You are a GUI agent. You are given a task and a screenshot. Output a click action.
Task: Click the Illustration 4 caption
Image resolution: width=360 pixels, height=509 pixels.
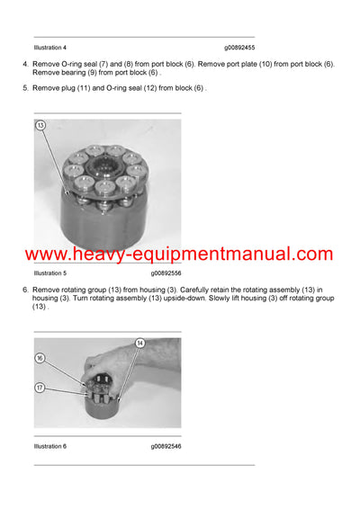pos(50,47)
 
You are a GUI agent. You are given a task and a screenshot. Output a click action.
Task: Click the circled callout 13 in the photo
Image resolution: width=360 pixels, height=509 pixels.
pos(40,126)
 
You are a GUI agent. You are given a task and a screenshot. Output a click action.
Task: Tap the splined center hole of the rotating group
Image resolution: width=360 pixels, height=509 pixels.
pos(114,168)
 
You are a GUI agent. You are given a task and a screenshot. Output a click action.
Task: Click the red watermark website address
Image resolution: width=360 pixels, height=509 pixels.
pos(179,254)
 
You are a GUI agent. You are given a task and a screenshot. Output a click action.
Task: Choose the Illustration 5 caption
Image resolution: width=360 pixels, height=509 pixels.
pos(50,272)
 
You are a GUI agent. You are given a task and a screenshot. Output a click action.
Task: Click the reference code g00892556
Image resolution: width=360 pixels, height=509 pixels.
pos(166,272)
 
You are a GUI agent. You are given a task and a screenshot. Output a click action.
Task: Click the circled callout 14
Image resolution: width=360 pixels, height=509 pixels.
pos(139,343)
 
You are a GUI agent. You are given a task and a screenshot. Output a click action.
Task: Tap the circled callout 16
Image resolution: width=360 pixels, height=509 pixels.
pos(40,358)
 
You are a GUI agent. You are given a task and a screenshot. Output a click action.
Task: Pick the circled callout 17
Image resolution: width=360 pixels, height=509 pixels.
pos(40,388)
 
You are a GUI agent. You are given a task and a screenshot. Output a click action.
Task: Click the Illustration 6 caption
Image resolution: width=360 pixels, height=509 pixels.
pos(50,446)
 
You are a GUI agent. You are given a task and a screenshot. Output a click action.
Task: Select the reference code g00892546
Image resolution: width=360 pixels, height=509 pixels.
pos(166,446)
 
